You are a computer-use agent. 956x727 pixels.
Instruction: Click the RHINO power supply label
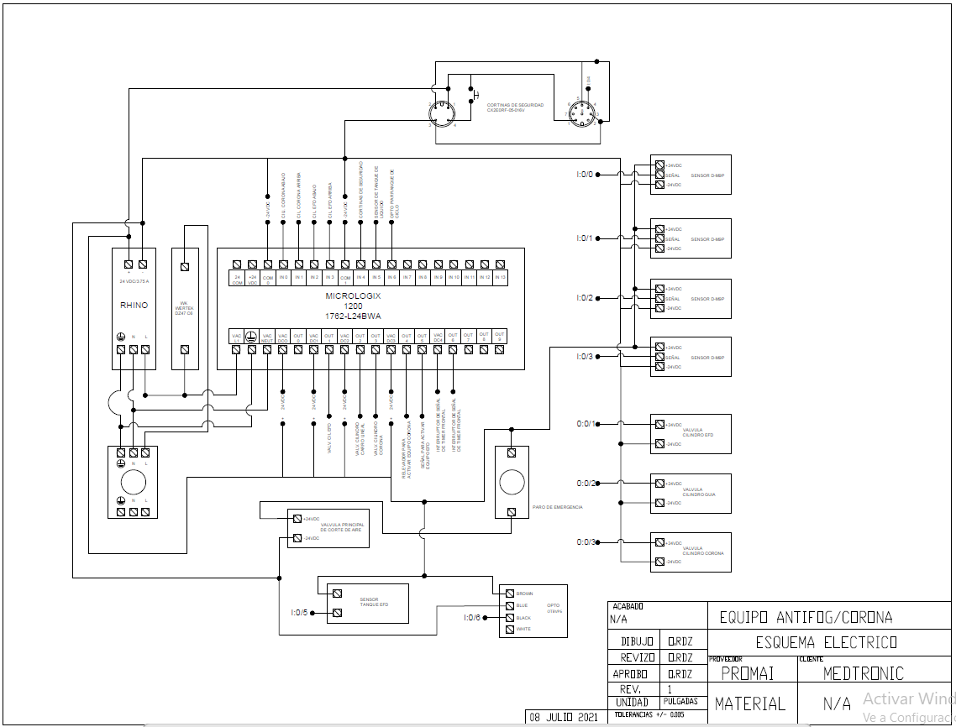134,305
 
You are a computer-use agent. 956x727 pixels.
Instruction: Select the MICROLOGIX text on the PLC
354,296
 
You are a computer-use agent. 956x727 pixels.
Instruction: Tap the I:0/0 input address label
584,175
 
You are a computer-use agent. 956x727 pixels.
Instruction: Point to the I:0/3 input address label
584,357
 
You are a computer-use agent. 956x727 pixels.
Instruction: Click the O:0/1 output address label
586,424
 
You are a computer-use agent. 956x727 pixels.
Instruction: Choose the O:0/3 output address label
586,542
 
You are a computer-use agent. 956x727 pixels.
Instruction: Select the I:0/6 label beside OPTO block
471,618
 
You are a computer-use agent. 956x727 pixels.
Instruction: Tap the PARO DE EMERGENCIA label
557,507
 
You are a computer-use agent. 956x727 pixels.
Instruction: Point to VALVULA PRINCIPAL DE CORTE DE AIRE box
328,528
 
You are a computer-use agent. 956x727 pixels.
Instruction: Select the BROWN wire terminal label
524,594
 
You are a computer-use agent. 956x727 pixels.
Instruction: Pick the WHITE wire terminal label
523,629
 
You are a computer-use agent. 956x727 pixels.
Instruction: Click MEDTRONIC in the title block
863,673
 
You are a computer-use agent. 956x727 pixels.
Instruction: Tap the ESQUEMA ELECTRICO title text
826,643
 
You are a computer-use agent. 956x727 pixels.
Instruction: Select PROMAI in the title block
747,673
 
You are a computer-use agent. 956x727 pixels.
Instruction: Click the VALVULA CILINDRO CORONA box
691,552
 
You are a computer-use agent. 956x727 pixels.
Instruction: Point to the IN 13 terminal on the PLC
500,276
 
